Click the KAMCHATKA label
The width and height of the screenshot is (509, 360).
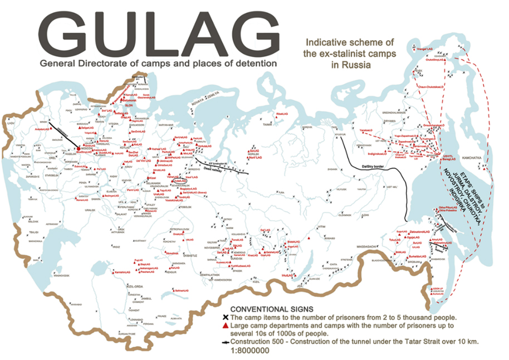(x=470, y=158)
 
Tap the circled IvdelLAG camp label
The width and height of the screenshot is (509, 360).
(x=179, y=181)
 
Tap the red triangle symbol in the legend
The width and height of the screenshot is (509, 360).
(x=234, y=324)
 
